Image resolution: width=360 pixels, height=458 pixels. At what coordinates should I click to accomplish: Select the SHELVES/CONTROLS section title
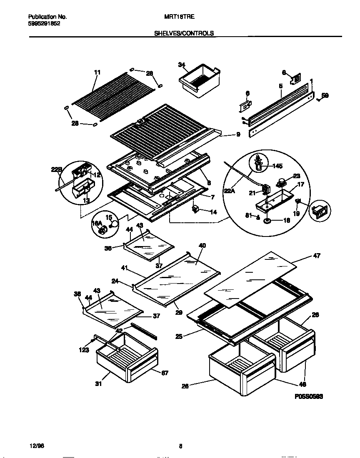[x=184, y=33]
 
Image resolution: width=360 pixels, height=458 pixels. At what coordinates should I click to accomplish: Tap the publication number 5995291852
[x=44, y=24]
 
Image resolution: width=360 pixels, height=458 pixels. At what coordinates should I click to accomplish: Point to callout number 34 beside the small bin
[x=181, y=65]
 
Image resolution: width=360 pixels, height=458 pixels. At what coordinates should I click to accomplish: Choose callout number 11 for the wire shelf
[x=97, y=72]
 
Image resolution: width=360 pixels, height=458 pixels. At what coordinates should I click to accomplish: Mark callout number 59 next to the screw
[x=325, y=95]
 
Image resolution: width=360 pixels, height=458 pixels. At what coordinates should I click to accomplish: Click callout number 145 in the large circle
[x=277, y=166]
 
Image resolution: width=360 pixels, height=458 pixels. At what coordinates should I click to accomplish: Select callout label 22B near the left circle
[x=57, y=169]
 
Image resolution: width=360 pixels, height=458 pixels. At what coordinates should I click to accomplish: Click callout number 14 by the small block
[x=213, y=212]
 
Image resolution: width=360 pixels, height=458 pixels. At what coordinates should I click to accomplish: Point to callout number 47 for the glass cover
[x=317, y=256]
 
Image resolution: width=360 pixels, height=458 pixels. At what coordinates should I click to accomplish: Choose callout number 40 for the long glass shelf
[x=202, y=246]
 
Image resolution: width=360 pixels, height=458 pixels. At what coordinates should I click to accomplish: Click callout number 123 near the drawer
[x=84, y=350]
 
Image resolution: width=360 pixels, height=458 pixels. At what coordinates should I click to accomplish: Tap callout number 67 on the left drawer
[x=165, y=373]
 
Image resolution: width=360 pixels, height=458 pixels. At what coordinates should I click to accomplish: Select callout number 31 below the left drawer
[x=98, y=384]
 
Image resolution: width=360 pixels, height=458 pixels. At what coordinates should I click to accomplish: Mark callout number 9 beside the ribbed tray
[x=238, y=134]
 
